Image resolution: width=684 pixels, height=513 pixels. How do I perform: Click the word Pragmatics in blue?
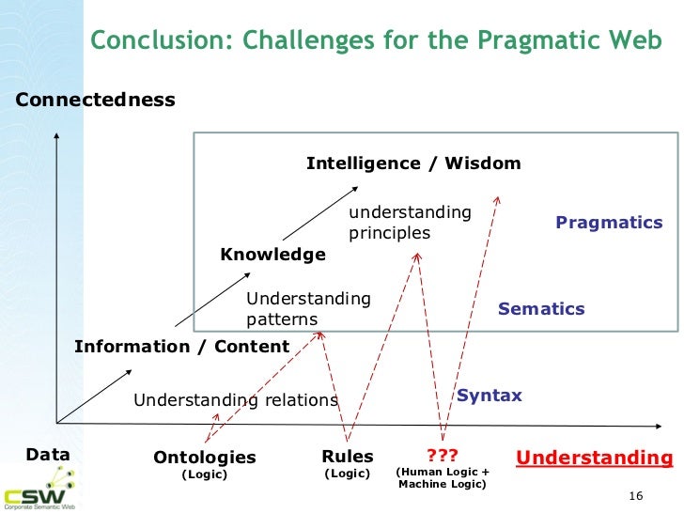[x=609, y=223]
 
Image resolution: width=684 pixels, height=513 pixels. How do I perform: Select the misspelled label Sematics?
[x=541, y=309]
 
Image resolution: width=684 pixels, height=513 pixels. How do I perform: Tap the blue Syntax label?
[x=489, y=396]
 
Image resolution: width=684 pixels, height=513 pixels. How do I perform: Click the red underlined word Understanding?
[x=595, y=458]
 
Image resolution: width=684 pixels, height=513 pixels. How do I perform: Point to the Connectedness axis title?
[x=96, y=100]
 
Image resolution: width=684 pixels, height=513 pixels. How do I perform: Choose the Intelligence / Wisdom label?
[x=413, y=163]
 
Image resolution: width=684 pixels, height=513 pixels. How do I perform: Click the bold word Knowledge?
[x=272, y=255]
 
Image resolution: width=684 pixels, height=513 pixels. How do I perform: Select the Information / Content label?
[x=181, y=347]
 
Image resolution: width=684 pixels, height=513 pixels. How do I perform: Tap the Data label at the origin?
[x=48, y=455]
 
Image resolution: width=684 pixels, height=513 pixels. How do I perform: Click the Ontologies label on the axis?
[x=204, y=458]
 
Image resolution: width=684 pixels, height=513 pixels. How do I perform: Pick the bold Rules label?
[x=347, y=457]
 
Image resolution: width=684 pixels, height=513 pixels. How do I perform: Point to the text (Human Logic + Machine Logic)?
[x=443, y=478]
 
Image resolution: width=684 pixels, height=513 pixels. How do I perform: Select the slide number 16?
[x=633, y=496]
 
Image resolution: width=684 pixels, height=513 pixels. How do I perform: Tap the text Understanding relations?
[x=235, y=400]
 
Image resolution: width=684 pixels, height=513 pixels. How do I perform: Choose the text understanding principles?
[x=410, y=223]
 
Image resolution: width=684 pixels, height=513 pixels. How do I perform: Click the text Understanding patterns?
[x=308, y=309]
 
